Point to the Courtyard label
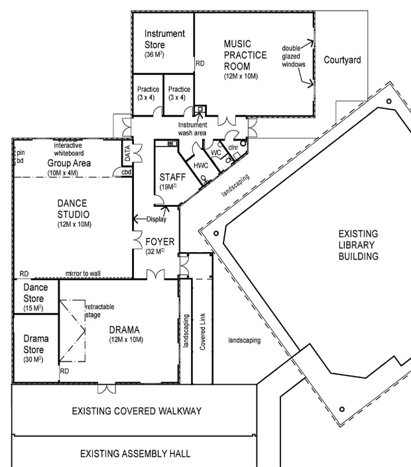pos(342,60)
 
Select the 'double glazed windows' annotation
pos(293,56)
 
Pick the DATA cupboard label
pos(127,155)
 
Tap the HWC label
pos(202,165)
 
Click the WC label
pos(216,153)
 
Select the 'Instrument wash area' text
pos(192,128)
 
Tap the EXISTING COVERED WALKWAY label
pos(136,412)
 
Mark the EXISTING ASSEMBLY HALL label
pos(135,454)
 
